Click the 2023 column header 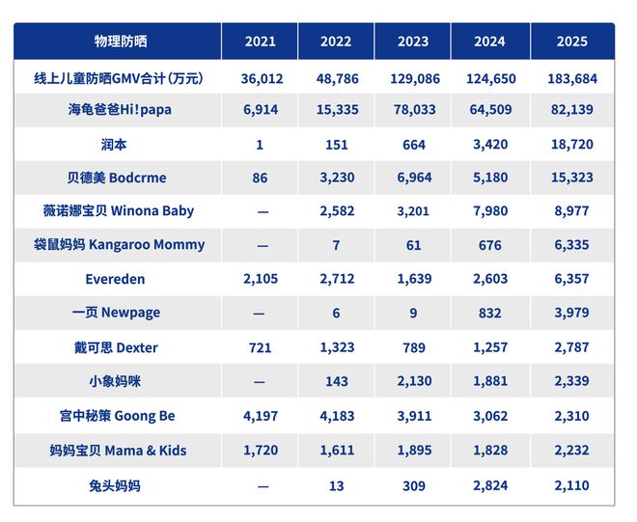(413, 41)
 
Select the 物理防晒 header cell (120, 41)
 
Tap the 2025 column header (571, 41)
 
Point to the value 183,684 (571, 76)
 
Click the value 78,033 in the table (413, 109)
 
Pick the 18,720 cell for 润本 (571, 144)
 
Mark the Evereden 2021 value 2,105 (261, 279)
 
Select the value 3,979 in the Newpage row (571, 314)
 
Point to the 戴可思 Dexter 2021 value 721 (261, 347)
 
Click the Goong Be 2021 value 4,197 (261, 416)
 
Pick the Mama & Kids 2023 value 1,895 (413, 451)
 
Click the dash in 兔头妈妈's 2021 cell (261, 485)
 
